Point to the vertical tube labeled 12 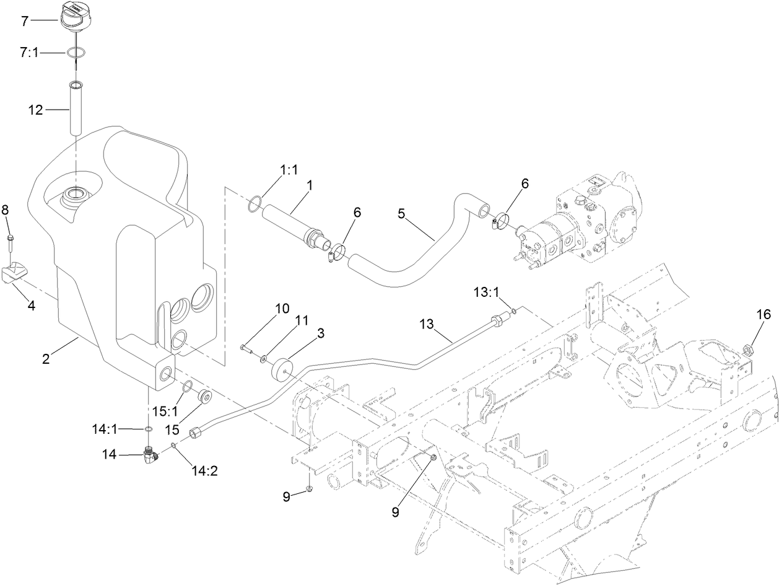tap(76, 108)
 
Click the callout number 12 tap(35, 110)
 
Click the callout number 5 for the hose tap(402, 214)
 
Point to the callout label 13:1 tap(487, 290)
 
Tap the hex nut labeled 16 tap(747, 350)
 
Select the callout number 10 tap(281, 308)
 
